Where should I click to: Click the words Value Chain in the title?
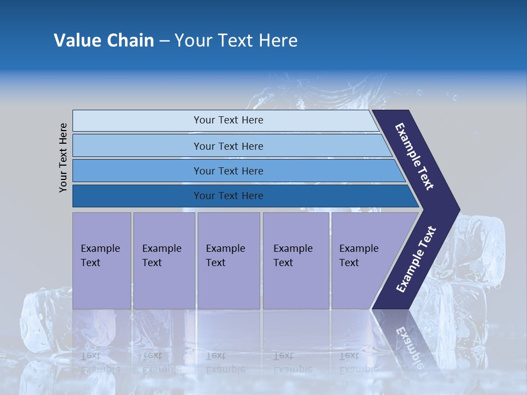pyautogui.click(x=104, y=41)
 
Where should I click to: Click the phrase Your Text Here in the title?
pyautogui.click(x=236, y=41)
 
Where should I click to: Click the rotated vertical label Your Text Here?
pyautogui.click(x=63, y=157)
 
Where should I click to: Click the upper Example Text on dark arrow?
pyautogui.click(x=415, y=156)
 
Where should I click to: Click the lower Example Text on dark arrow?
pyautogui.click(x=416, y=259)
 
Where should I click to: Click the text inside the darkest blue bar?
pyautogui.click(x=228, y=196)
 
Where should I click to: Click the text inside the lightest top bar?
pyautogui.click(x=228, y=120)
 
